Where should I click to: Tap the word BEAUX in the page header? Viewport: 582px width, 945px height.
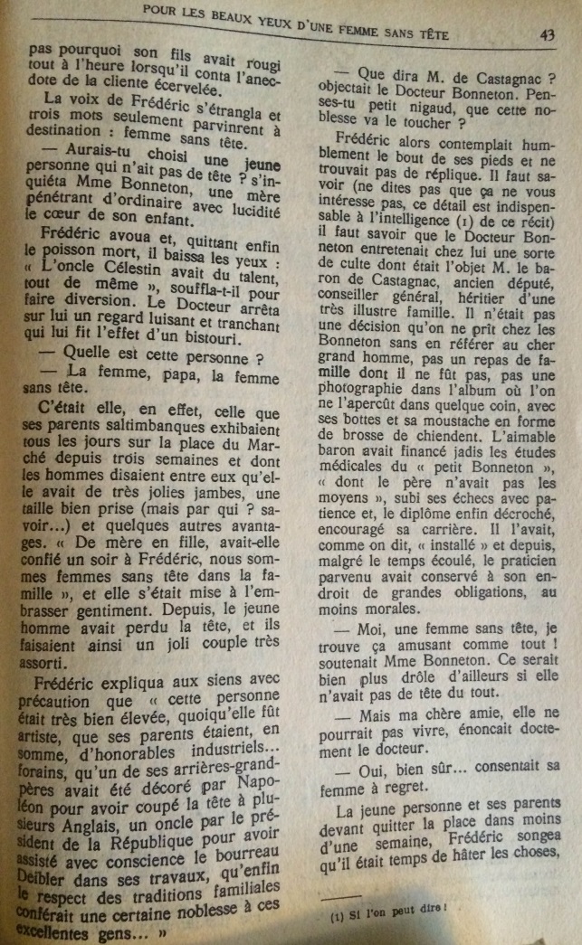pyautogui.click(x=225, y=14)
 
